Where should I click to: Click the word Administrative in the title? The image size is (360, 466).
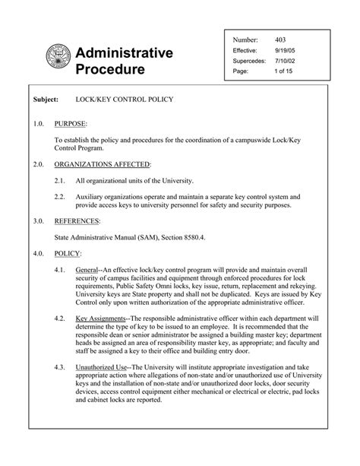pyautogui.click(x=125, y=52)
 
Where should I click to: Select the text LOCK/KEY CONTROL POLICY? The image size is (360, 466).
pyautogui.click(x=125, y=100)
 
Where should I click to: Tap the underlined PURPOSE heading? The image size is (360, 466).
pyautogui.click(x=71, y=122)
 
